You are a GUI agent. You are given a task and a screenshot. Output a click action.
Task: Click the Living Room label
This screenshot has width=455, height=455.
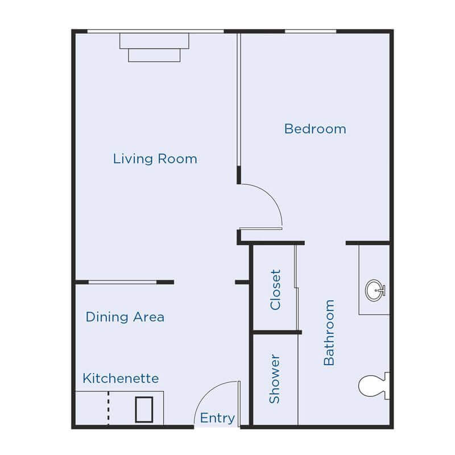point(155,158)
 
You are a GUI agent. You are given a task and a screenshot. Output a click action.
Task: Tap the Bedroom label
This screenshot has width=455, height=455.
point(315,129)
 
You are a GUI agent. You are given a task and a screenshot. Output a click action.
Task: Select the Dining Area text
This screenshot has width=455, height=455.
point(125,317)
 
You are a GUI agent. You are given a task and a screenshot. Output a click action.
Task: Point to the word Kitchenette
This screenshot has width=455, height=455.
point(121,378)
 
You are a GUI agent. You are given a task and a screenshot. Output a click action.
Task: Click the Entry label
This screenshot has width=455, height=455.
point(217,419)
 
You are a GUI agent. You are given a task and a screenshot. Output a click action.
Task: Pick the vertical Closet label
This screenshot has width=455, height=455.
point(276,289)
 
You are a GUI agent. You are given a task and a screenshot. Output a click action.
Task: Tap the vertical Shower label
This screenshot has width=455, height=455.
point(275,379)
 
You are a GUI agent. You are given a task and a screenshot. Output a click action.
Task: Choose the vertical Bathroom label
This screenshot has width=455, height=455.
point(329,332)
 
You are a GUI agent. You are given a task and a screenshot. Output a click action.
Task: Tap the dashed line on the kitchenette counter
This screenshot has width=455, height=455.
point(107,408)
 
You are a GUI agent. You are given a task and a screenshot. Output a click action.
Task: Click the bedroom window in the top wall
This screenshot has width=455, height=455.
point(310,31)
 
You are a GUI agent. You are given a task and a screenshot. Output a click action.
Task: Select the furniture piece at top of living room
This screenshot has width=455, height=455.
point(155,46)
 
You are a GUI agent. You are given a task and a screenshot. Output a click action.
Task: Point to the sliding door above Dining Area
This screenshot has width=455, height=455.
point(122,282)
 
